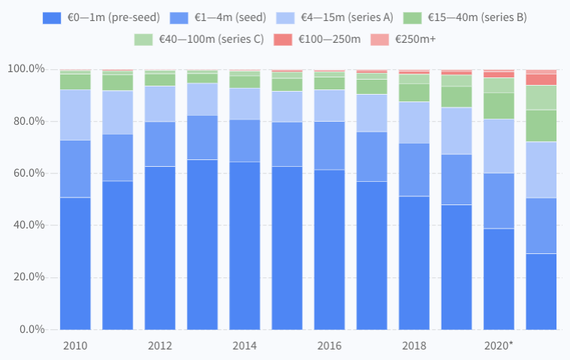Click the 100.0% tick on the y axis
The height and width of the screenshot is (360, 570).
[26, 69]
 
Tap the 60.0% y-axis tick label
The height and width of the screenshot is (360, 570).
[29, 173]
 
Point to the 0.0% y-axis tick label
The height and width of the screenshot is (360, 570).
[32, 329]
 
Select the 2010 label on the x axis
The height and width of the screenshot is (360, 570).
[75, 346]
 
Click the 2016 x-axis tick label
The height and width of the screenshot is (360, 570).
[330, 346]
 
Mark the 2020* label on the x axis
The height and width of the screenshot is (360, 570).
[499, 346]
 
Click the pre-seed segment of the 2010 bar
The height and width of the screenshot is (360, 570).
[75, 263]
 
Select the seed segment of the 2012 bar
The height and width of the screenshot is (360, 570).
[160, 144]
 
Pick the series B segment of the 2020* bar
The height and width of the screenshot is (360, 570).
[499, 106]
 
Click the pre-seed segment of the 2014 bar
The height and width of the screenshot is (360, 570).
[245, 245]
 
